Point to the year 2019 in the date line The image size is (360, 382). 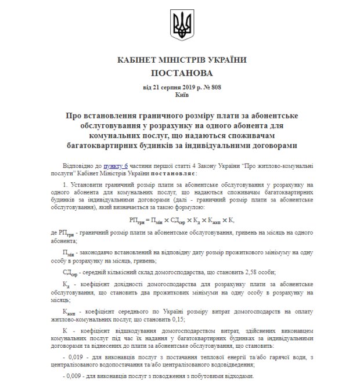point(185,87)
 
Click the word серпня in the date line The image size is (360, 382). point(163,87)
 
